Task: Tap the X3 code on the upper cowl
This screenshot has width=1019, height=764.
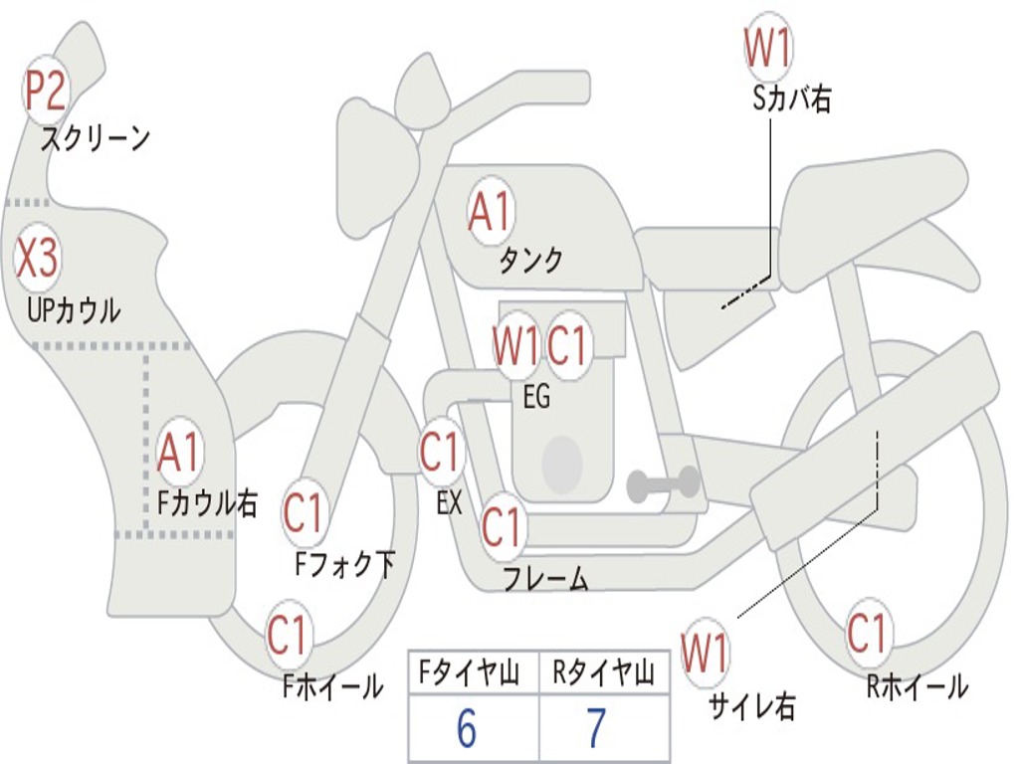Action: click(37, 260)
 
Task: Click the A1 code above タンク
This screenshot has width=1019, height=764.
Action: click(489, 211)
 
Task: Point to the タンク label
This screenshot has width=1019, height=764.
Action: click(530, 261)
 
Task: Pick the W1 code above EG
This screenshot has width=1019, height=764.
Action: click(515, 346)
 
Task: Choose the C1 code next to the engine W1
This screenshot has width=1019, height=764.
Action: click(567, 346)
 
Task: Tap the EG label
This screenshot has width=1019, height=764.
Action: click(536, 397)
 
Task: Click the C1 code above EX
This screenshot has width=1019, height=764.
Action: click(440, 451)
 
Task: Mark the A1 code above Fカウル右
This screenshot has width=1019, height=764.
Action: click(180, 453)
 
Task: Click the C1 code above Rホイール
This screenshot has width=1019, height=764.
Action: click(867, 633)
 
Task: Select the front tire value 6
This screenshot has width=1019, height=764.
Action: click(466, 729)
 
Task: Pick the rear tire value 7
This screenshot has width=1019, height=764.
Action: click(595, 729)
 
